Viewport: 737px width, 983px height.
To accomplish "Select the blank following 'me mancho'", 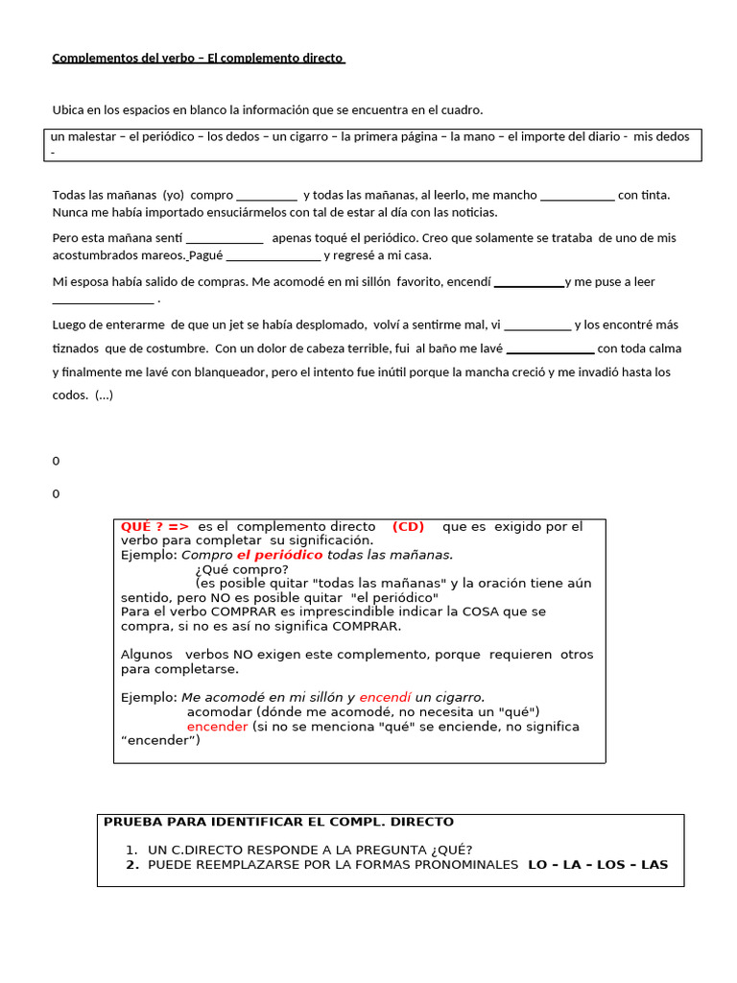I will (577, 196).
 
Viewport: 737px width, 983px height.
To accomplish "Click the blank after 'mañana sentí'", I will (224, 238).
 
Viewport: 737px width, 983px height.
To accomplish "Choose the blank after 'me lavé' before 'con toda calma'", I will (550, 349).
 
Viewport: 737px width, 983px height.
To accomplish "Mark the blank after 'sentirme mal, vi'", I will (536, 325).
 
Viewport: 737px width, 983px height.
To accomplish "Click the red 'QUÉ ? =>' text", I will (155, 526).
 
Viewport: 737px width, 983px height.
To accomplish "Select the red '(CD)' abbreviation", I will (408, 526).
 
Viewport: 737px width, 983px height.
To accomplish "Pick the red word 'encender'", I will (217, 727).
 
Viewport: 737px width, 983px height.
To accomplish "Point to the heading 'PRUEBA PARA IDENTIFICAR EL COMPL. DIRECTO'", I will (278, 822).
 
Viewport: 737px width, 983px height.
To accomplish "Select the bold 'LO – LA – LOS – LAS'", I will (598, 865).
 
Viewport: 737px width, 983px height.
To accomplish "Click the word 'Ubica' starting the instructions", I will (69, 109).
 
